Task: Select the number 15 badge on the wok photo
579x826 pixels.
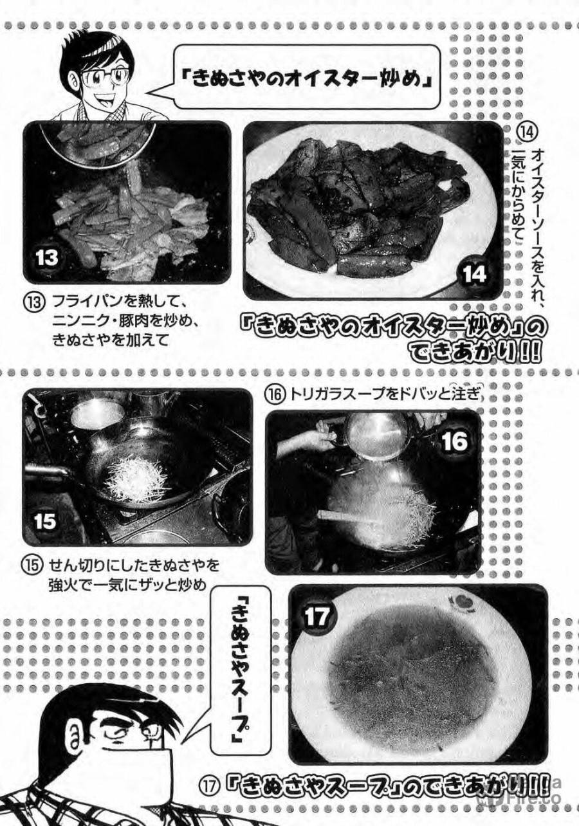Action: pyautogui.click(x=45, y=521)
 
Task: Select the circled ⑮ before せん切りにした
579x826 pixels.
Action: pyautogui.click(x=32, y=565)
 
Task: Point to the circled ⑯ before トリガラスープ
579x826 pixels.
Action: pyautogui.click(x=275, y=396)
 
